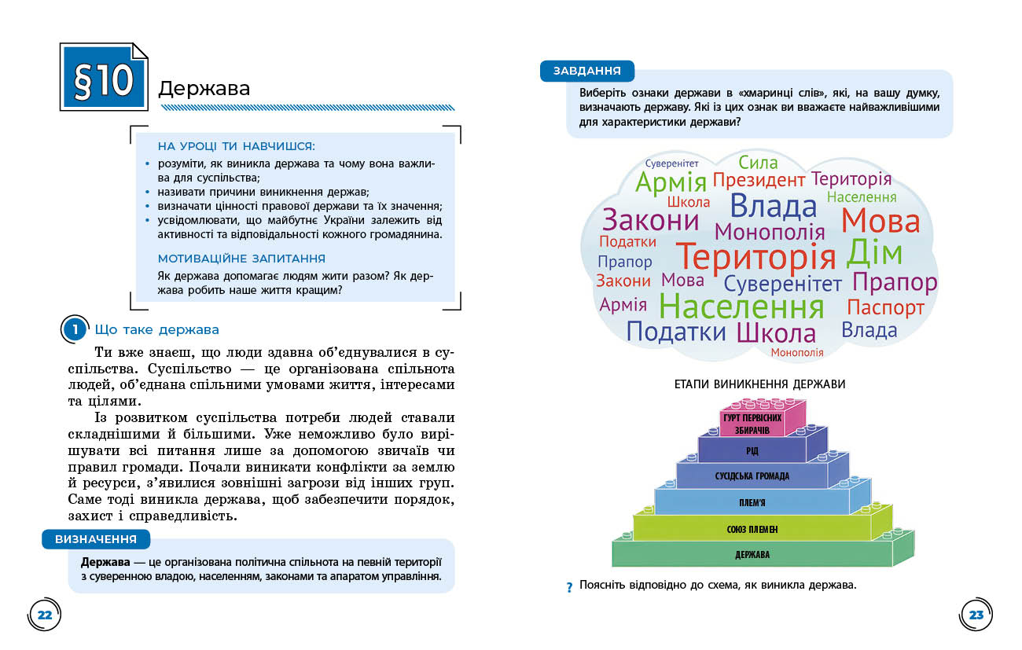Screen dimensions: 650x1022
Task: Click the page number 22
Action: [44, 615]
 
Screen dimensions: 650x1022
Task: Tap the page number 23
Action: [976, 615]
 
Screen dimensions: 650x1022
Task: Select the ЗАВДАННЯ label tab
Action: [586, 71]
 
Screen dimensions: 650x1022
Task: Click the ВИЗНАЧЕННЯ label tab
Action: [96, 539]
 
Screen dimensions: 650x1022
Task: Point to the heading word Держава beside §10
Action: [204, 88]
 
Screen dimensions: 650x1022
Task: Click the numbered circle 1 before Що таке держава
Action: [74, 330]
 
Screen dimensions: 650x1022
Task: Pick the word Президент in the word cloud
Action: [759, 181]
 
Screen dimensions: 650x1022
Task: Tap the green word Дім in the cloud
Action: [874, 253]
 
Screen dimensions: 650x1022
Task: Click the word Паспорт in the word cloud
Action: [885, 307]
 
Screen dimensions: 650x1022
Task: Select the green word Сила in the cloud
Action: [758, 163]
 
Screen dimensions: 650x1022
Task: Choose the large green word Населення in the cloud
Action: [741, 306]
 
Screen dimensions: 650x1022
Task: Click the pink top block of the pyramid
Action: [752, 421]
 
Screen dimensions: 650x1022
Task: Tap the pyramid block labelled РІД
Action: [752, 450]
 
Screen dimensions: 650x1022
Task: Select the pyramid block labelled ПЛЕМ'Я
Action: [752, 502]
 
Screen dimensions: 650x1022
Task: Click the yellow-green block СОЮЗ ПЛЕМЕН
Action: [752, 529]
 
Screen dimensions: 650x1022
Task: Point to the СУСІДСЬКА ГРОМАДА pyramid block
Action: [752, 476]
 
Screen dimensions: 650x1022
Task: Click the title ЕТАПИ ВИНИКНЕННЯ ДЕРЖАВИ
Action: [759, 384]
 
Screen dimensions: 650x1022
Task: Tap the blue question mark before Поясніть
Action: [569, 588]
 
